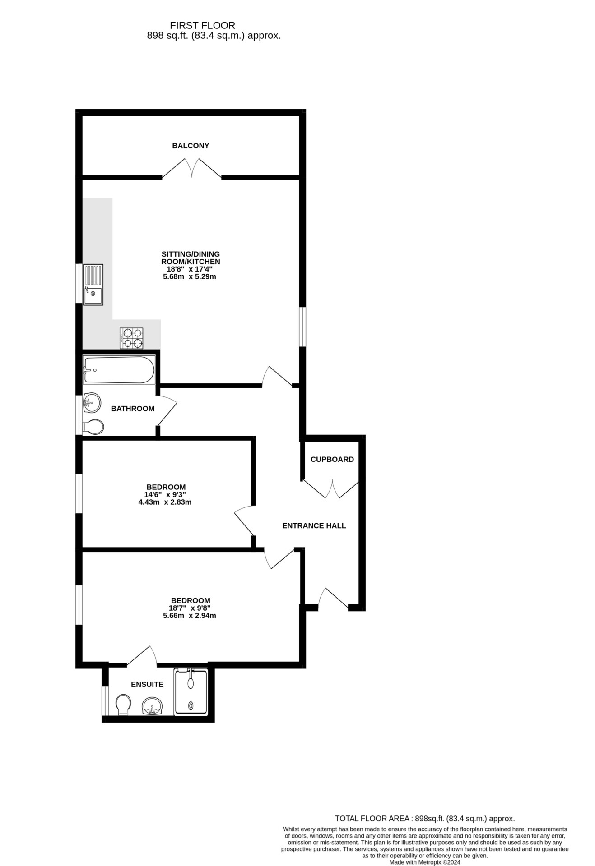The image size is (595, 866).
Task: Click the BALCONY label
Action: pos(191,146)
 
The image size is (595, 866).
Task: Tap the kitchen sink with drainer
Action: pos(93,284)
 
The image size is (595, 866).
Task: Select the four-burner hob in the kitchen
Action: pos(131,338)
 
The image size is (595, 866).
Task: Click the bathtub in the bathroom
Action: pos(119,370)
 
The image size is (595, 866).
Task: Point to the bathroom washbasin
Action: pos(92,402)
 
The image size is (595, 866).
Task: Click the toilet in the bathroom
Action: pos(93,427)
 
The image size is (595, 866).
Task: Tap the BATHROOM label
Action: pos(133,409)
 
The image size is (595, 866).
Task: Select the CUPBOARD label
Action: pos(332,459)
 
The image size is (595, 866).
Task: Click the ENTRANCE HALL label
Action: pos(314,525)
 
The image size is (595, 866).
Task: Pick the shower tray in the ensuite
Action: pos(191,692)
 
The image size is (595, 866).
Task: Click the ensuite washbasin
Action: pos(152,706)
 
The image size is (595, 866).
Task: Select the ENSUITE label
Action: pos(147,684)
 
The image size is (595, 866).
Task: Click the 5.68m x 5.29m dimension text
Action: pos(190,276)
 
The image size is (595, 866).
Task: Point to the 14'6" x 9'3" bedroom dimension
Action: pos(166,494)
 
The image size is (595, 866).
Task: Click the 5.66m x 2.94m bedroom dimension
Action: pos(190,615)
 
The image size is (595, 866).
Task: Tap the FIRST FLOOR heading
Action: pos(203,26)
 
